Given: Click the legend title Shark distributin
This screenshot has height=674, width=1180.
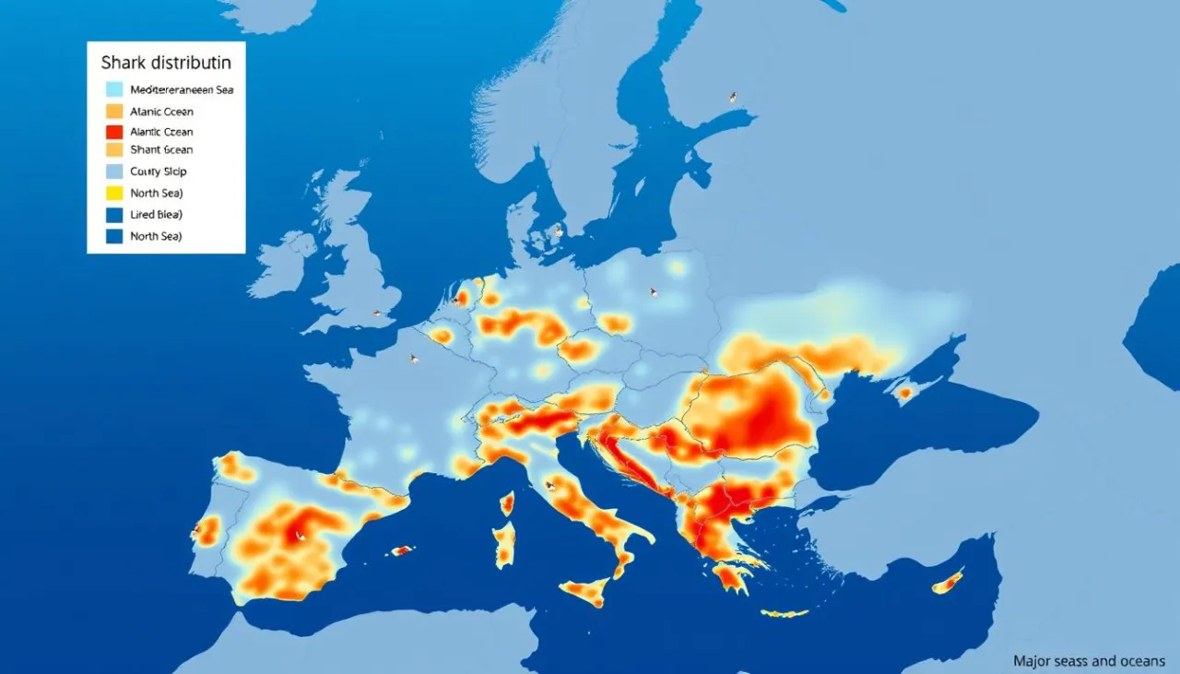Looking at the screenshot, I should click(x=166, y=64).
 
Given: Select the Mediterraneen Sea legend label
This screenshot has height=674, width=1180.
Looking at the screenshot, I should click(x=181, y=90).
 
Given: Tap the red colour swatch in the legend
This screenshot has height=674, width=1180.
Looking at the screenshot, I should click(x=114, y=132).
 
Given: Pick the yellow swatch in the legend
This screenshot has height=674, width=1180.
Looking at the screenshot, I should click(x=114, y=193).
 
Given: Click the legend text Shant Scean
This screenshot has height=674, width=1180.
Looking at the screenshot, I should click(x=161, y=149).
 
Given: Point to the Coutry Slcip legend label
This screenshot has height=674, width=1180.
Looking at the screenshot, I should click(x=159, y=171).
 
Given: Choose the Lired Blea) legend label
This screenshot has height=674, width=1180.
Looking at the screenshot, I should click(x=156, y=214).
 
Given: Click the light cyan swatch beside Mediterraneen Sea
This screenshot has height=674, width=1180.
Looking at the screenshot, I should click(x=114, y=90).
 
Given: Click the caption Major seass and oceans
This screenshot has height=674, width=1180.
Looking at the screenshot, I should click(x=1089, y=661).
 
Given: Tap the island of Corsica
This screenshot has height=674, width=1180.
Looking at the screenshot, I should click(x=506, y=503).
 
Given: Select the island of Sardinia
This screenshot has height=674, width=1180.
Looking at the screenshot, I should click(x=503, y=544).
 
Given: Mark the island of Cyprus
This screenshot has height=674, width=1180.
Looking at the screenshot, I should click(x=947, y=582).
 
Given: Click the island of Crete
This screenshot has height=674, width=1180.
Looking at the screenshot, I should click(x=785, y=613).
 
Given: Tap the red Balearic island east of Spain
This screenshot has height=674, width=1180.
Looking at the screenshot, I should click(x=402, y=550).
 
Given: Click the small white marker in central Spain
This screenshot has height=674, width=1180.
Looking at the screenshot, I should click(x=298, y=534).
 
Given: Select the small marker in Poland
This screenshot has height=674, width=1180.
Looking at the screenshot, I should click(x=654, y=292).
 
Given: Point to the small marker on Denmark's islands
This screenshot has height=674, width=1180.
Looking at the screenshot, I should click(x=558, y=231).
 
